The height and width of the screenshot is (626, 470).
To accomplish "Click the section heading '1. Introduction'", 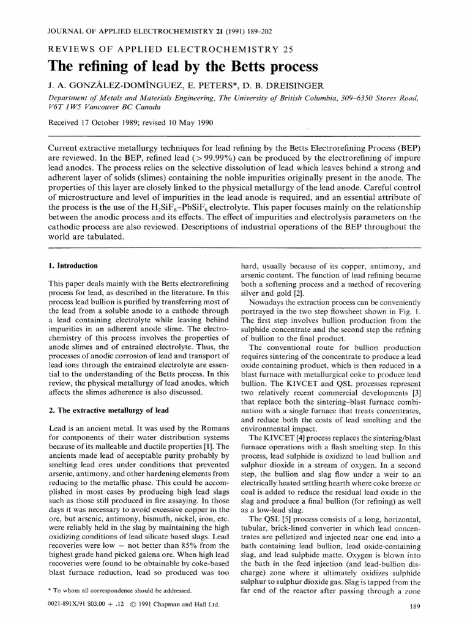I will [73, 266].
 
